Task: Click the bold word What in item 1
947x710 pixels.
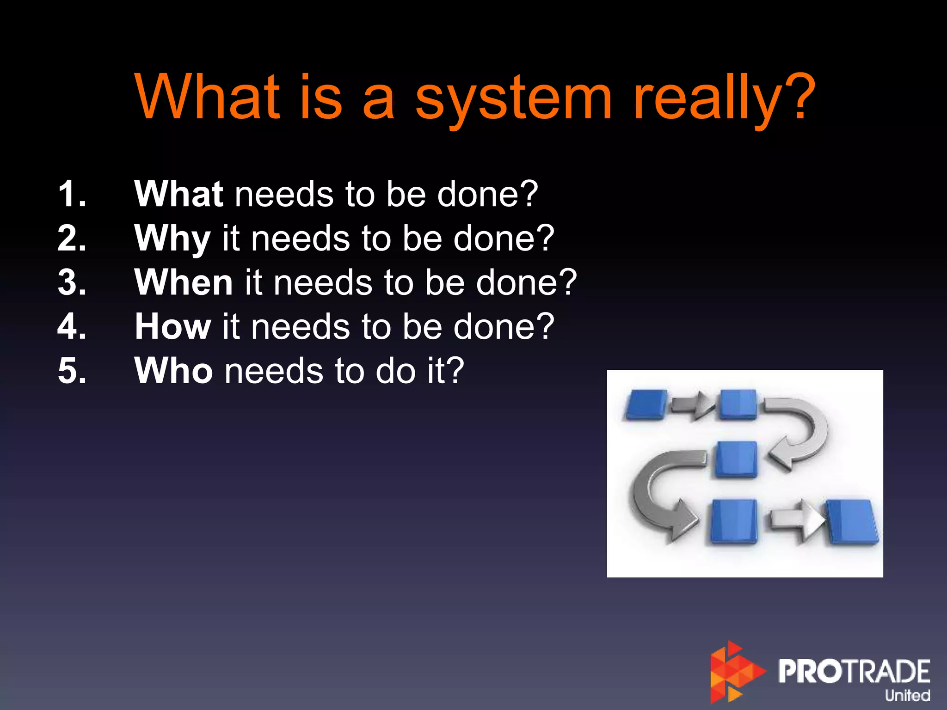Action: pos(179,194)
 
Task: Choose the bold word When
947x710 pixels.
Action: pos(184,282)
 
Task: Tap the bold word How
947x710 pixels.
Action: pos(173,327)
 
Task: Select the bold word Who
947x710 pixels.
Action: pos(173,371)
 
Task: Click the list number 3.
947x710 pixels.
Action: pos(72,282)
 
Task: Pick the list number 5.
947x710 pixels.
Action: pos(72,371)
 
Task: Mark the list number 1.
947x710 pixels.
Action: pos(72,194)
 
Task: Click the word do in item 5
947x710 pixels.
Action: pos(395,371)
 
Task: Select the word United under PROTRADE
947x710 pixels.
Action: pos(907,695)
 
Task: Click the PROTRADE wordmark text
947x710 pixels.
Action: pos(854,671)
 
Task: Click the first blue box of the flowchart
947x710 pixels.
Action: pos(646,404)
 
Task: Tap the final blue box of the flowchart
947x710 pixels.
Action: pos(852,521)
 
